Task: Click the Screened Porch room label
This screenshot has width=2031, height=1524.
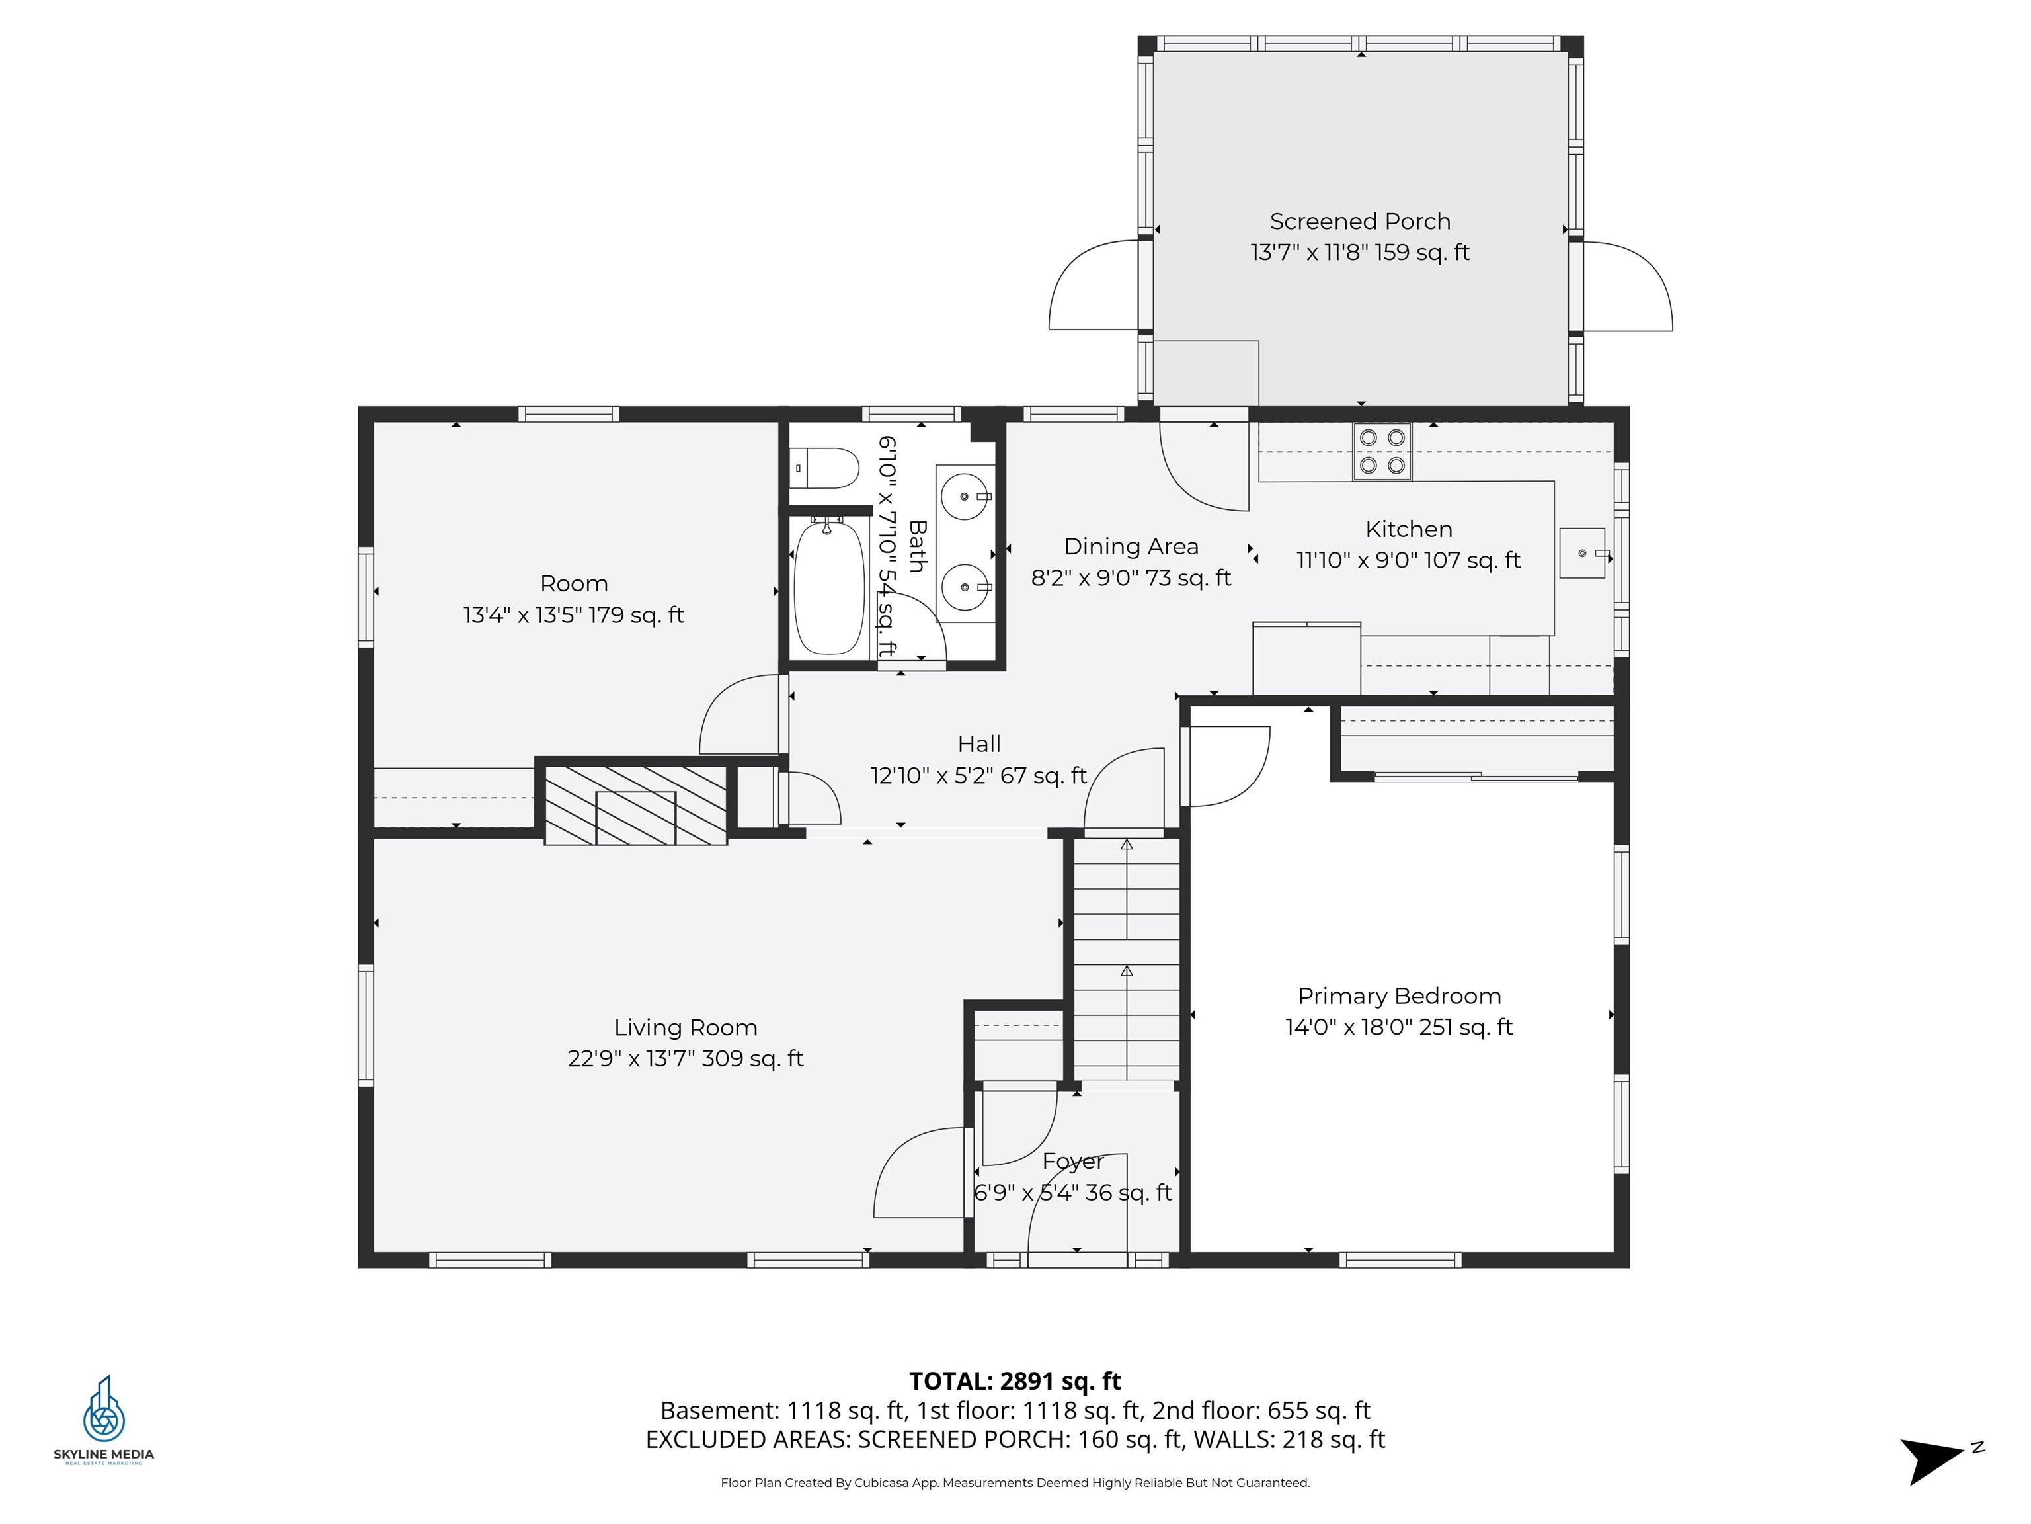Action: coord(1360,222)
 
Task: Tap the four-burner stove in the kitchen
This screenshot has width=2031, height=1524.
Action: coord(1382,452)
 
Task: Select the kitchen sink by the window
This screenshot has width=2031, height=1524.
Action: coord(1582,553)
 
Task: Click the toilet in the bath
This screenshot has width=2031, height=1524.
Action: coord(824,468)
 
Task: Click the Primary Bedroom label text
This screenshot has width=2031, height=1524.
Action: coord(1400,995)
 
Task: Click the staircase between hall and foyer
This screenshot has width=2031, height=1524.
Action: coord(1127,960)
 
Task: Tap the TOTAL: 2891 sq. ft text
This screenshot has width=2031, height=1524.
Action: coord(1015,1380)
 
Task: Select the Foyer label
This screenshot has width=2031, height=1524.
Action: coord(1072,1161)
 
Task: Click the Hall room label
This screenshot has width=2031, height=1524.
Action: coord(978,744)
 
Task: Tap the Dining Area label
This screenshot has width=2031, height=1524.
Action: coord(1131,546)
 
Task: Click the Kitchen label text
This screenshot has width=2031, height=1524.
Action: coord(1408,529)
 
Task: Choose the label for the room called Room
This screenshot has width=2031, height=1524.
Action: coord(574,583)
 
